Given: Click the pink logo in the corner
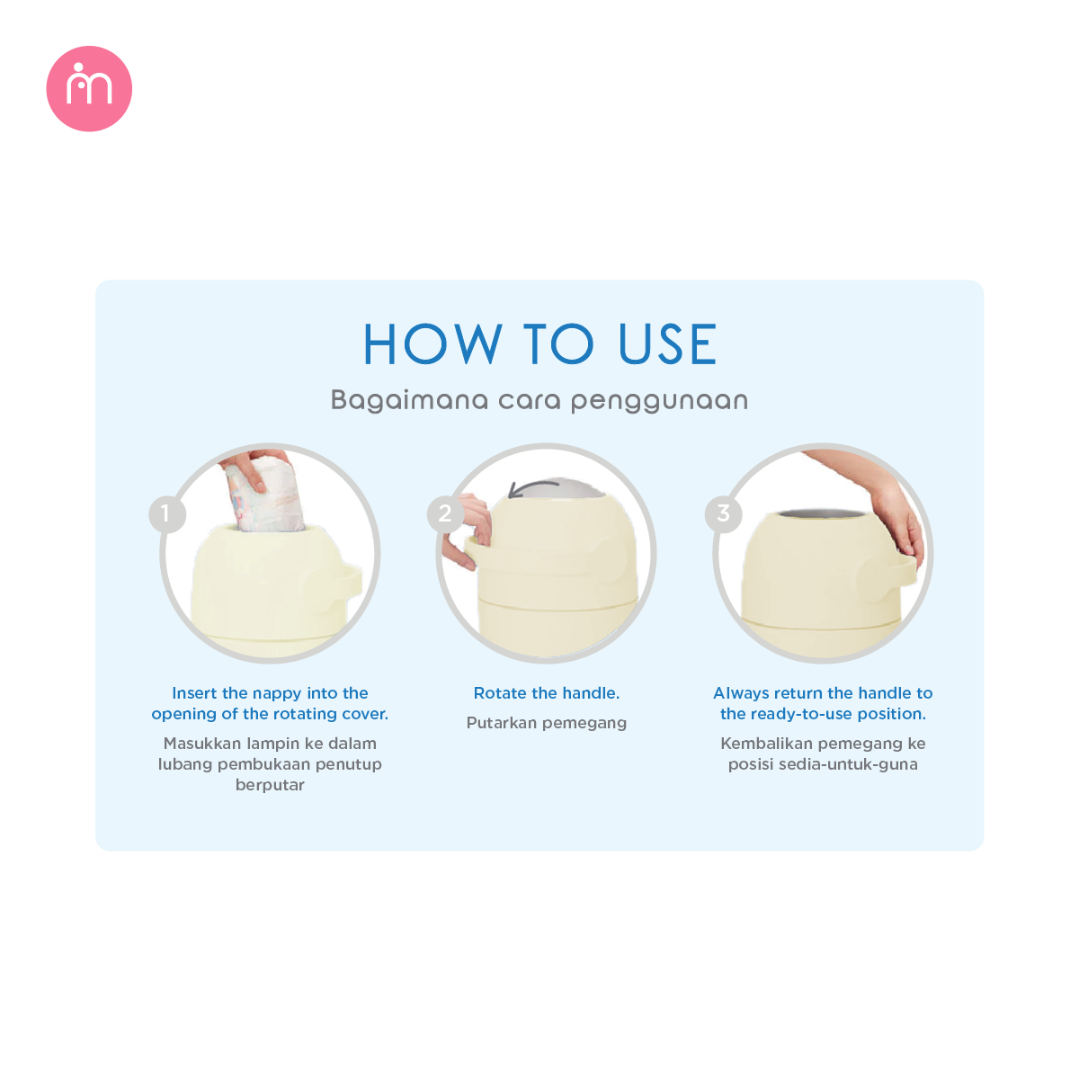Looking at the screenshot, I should click(x=89, y=89).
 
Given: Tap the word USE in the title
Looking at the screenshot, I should click(x=667, y=344).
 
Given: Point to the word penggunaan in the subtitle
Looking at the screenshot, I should click(x=659, y=401).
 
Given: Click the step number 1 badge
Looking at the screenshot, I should click(x=166, y=514).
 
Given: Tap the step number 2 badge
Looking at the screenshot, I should click(x=445, y=514).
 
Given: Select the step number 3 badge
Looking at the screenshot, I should click(x=723, y=514).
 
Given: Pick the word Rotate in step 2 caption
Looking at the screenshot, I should click(x=500, y=693).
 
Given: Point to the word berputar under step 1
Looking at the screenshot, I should click(x=270, y=785).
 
